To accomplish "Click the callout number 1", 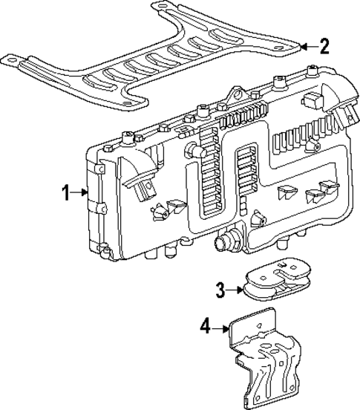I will [x=65, y=192].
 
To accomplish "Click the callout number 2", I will [x=324, y=47].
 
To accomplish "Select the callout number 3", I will [x=220, y=289].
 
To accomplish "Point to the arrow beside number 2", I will [x=307, y=47].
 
